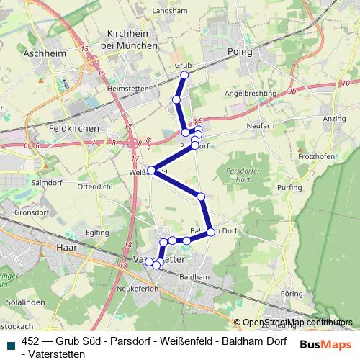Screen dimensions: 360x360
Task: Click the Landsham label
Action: coord(170,11)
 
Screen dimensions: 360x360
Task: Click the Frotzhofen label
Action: coord(313,156)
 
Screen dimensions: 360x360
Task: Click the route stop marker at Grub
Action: coord(184,75)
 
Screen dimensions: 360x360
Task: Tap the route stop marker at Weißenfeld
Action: coord(151,171)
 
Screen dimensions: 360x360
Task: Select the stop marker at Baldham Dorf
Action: coord(211,232)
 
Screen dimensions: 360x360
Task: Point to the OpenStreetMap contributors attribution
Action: coord(297,323)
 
